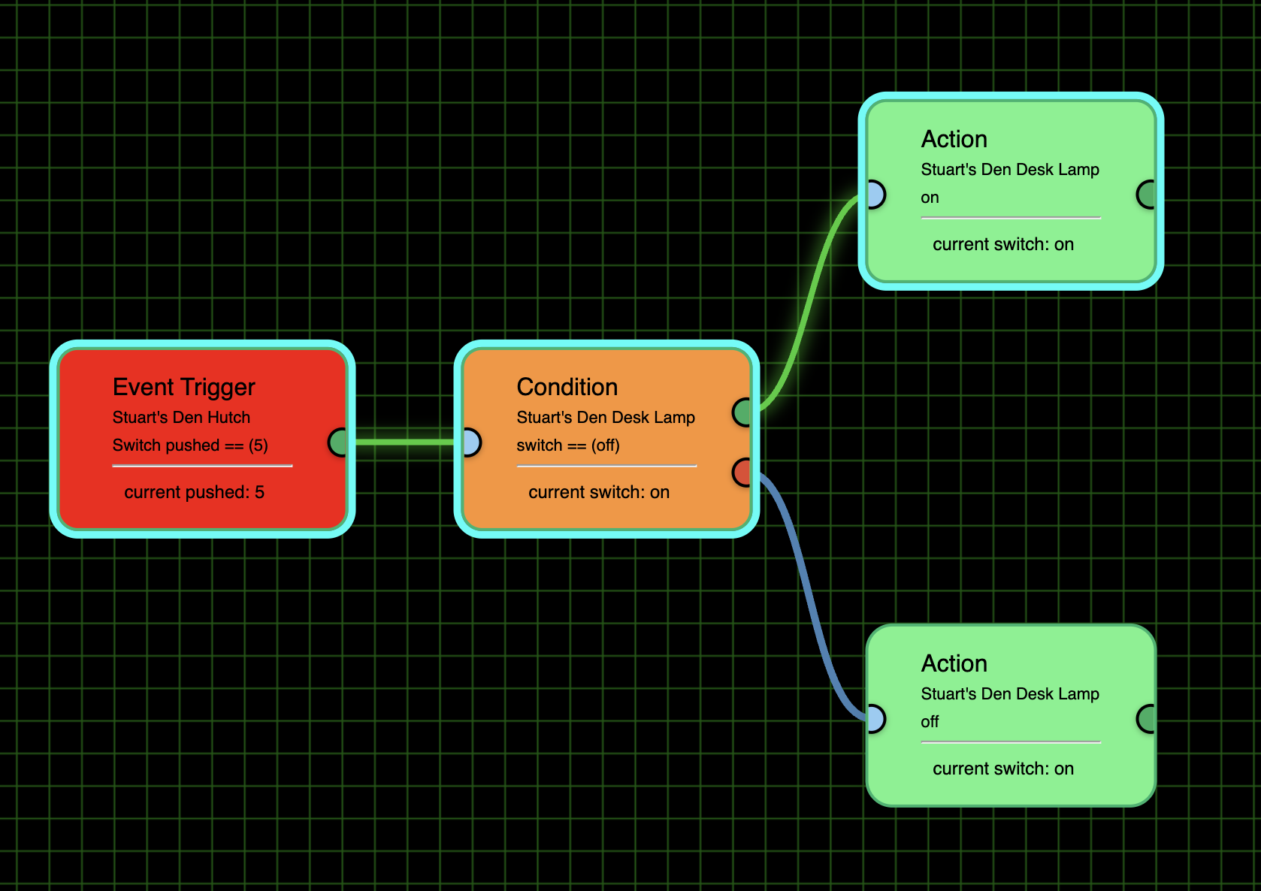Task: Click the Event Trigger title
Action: (183, 387)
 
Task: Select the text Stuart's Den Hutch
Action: (181, 418)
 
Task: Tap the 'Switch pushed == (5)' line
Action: (190, 445)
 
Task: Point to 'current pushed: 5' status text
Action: (194, 492)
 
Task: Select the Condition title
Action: (567, 387)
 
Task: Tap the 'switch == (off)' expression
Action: (567, 445)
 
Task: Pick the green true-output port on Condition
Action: (742, 412)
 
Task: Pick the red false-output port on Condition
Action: (742, 473)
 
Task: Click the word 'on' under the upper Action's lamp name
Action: (930, 198)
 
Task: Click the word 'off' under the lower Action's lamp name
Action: (930, 722)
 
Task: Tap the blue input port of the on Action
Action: (875, 195)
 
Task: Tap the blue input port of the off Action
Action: (875, 719)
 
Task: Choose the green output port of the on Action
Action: (1147, 195)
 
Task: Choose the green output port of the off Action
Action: (1147, 719)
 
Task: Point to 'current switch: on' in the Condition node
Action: (598, 492)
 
